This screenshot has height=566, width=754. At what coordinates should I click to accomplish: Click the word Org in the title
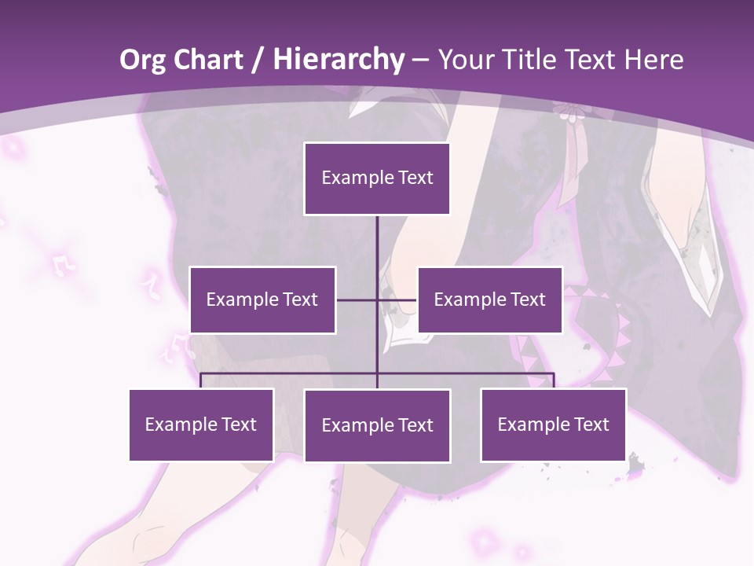click(x=143, y=60)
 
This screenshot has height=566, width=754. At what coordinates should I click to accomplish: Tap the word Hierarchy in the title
click(x=339, y=60)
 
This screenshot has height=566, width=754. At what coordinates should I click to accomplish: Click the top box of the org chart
click(x=377, y=178)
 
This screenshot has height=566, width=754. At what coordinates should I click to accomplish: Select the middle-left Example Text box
click(x=262, y=300)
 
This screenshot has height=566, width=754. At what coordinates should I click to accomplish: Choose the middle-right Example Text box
click(x=489, y=300)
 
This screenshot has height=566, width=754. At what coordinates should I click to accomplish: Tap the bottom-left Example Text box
click(x=201, y=424)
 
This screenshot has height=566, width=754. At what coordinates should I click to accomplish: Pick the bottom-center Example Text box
click(x=377, y=425)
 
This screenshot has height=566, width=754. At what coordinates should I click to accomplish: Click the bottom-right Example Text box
click(x=553, y=424)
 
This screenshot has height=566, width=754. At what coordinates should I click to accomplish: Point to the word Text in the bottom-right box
click(x=591, y=424)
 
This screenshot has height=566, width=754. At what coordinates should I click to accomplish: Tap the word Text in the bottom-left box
click(x=240, y=424)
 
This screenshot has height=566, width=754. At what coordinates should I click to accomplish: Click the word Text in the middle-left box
click(x=301, y=300)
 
